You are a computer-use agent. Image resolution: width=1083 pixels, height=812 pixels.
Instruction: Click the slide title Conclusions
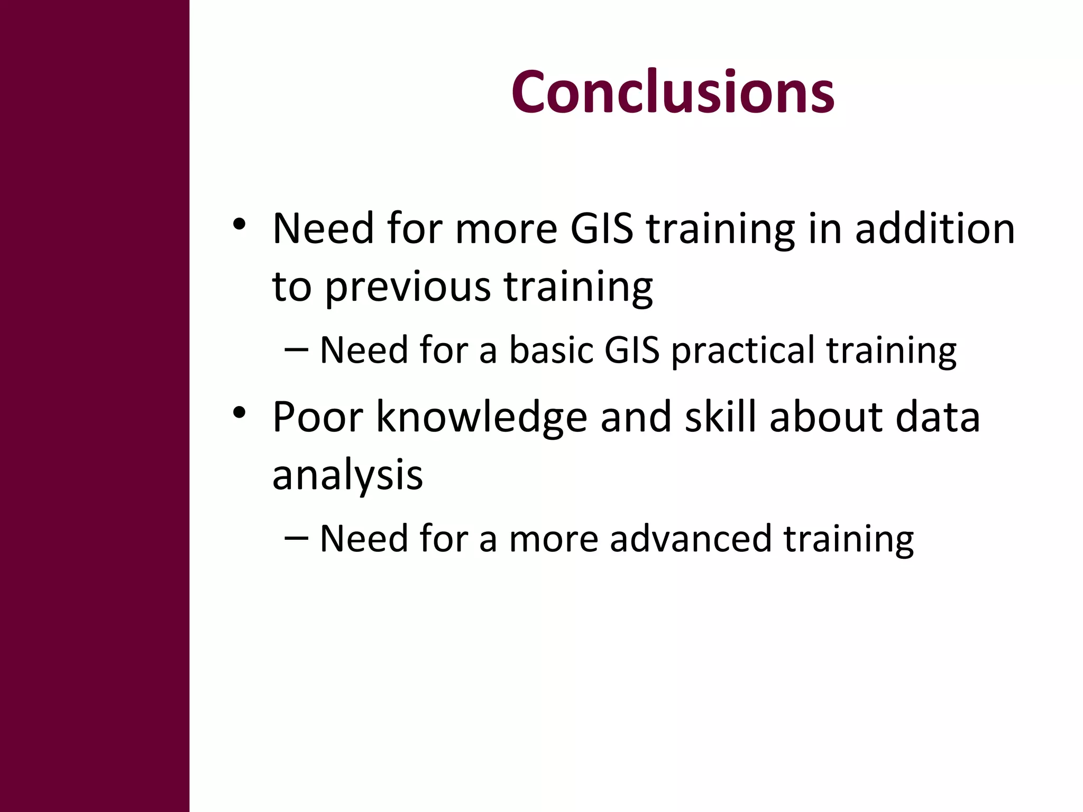pos(673,93)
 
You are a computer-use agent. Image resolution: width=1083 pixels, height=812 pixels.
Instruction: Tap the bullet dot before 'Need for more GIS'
pos(239,224)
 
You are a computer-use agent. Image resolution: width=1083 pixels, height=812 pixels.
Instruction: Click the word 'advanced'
pos(691,539)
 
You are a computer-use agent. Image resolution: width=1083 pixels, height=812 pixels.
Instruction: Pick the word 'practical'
pos(743,352)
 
